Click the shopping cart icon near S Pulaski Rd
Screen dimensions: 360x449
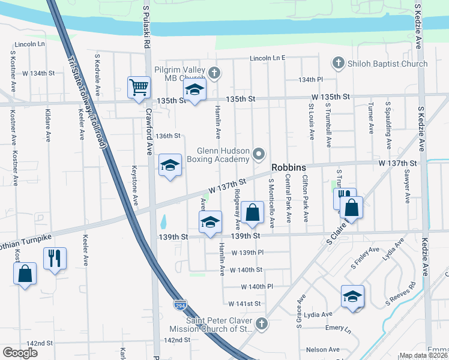coord(139,87)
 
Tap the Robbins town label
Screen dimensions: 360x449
coord(289,168)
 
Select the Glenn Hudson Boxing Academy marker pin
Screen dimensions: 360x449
coord(259,154)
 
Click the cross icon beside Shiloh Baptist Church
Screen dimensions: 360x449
coord(338,63)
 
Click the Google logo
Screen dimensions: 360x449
coord(20,353)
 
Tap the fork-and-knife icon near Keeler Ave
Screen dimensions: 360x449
coord(55,258)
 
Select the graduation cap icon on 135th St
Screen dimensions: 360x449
coord(194,91)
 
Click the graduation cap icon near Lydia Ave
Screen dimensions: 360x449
coord(352,296)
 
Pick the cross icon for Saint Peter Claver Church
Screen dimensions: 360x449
coord(261,324)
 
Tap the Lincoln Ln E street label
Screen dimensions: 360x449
coord(267,59)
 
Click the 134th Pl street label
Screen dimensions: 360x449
coord(311,79)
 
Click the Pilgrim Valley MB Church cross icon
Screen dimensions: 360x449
coord(214,74)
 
